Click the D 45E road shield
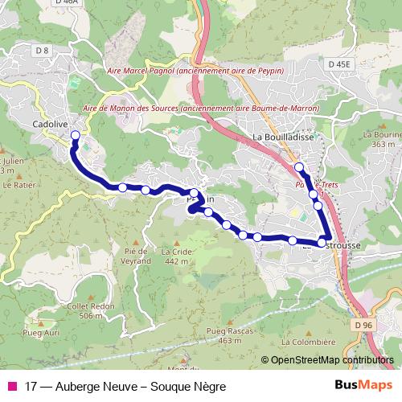tap(340, 64)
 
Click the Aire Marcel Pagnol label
tap(200, 71)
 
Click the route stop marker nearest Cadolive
tap(76, 135)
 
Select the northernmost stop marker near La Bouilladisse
tap(299, 166)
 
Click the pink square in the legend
tap(11, 386)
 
